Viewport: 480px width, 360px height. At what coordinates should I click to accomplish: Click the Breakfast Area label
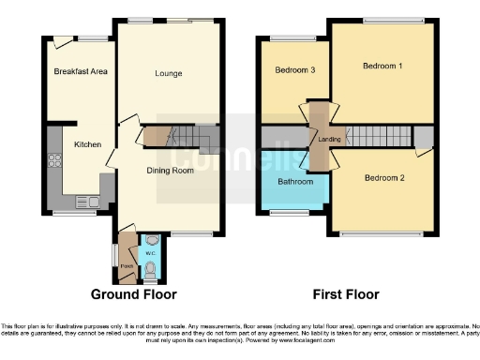tap(80, 72)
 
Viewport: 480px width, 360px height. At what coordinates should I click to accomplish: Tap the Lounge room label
tap(168, 73)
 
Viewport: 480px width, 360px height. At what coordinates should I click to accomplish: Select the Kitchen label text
tap(88, 144)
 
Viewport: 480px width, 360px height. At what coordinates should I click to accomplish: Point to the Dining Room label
tap(169, 170)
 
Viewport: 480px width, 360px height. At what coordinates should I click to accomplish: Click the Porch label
tap(127, 265)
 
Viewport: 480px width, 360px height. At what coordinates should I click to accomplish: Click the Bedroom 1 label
tap(382, 66)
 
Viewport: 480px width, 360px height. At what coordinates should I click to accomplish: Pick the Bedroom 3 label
tap(294, 70)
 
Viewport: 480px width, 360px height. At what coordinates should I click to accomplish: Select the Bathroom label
tap(294, 181)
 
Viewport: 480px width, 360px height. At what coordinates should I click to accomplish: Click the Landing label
tap(329, 140)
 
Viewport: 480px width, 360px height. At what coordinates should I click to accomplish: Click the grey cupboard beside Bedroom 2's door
tap(424, 139)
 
